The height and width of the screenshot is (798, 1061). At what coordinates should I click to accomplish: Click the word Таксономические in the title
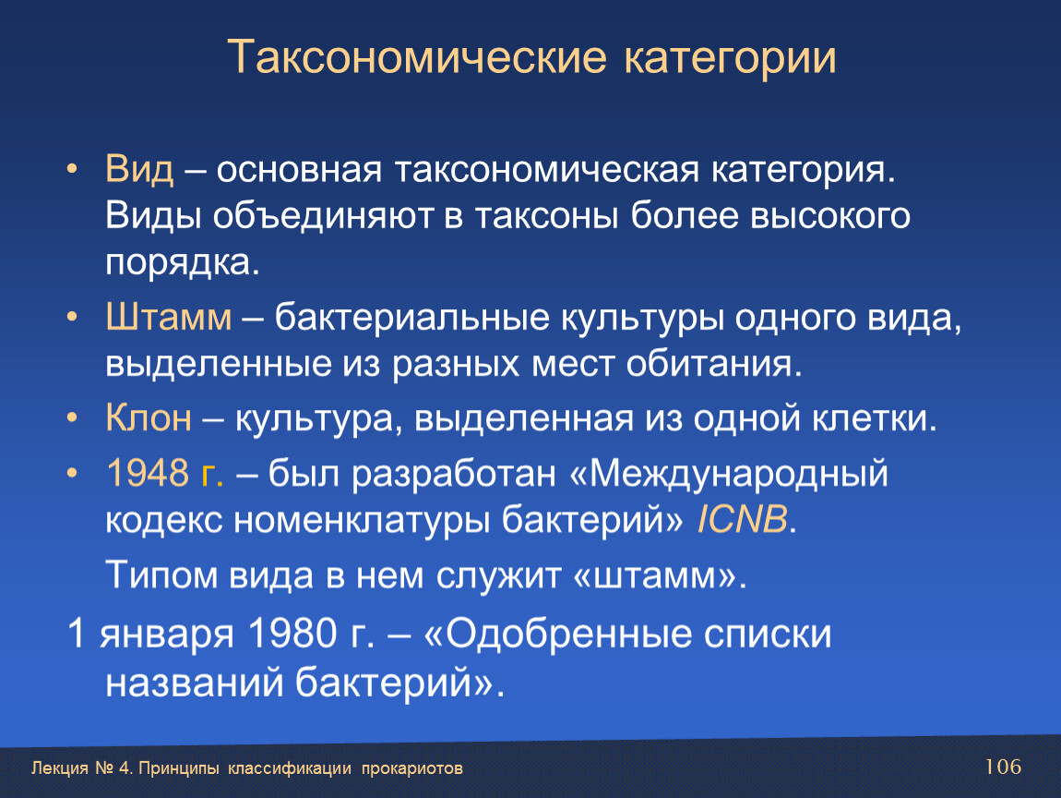[417, 57]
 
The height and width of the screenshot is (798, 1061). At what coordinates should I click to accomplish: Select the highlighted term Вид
[139, 169]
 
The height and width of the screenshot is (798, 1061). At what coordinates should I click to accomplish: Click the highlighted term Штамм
[169, 317]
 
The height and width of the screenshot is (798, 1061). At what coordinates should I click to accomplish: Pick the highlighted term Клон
[149, 417]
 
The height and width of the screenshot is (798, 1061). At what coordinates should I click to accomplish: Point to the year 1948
[147, 472]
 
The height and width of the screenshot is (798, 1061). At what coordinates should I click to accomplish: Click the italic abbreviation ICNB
[742, 520]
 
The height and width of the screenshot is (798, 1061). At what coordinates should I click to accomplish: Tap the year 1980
[292, 634]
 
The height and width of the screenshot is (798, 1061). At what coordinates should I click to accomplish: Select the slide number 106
[1003, 767]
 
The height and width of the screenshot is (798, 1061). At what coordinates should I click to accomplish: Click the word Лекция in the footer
[60, 768]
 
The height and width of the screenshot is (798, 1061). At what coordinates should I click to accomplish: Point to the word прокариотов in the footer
[412, 768]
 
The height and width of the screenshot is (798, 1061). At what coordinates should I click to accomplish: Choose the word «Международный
[729, 474]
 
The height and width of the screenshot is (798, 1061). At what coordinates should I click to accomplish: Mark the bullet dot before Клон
[72, 418]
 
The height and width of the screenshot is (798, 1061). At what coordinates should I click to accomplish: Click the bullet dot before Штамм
[72, 317]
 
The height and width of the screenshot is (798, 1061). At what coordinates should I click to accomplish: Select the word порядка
[182, 263]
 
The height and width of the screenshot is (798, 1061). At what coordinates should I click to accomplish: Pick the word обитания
[714, 364]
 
